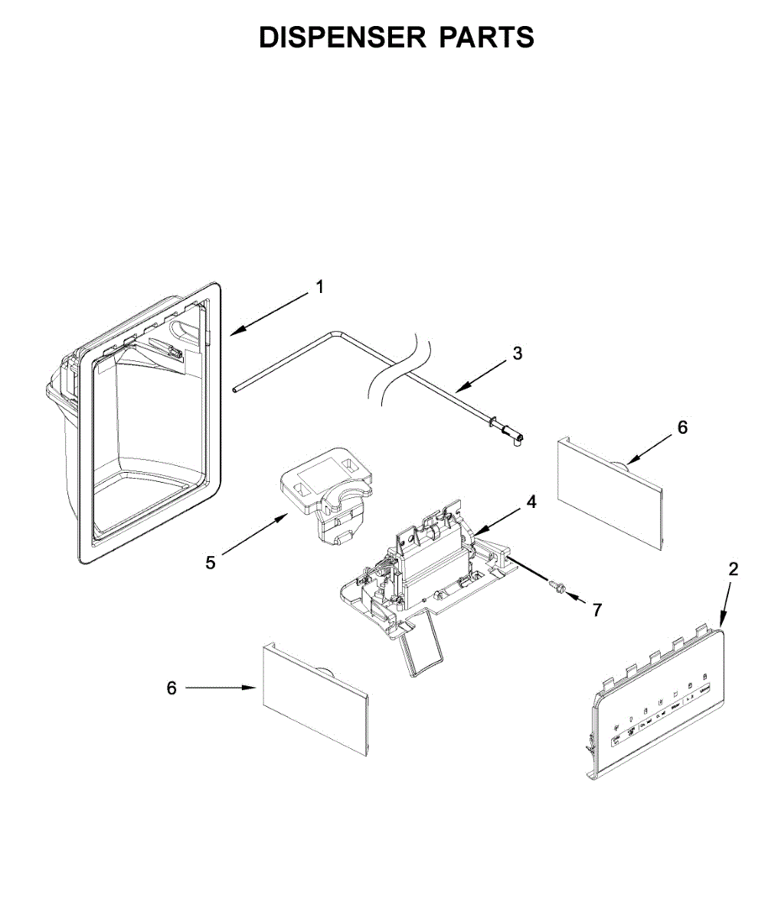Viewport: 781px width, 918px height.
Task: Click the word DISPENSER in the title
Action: coord(342,37)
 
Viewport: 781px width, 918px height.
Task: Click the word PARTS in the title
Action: coord(486,37)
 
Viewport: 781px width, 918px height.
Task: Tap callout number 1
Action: coord(320,287)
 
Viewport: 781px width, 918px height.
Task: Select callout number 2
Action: coord(733,569)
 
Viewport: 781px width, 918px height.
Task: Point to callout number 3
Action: coord(518,353)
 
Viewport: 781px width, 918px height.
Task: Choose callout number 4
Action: coord(531,502)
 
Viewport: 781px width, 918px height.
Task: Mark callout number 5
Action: coord(211,563)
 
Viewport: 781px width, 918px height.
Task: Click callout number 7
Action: coord(596,610)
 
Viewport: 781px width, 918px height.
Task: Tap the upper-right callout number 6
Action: coord(683,427)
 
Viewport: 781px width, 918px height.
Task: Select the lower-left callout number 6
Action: coord(172,688)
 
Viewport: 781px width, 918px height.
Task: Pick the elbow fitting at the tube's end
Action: coord(513,438)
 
